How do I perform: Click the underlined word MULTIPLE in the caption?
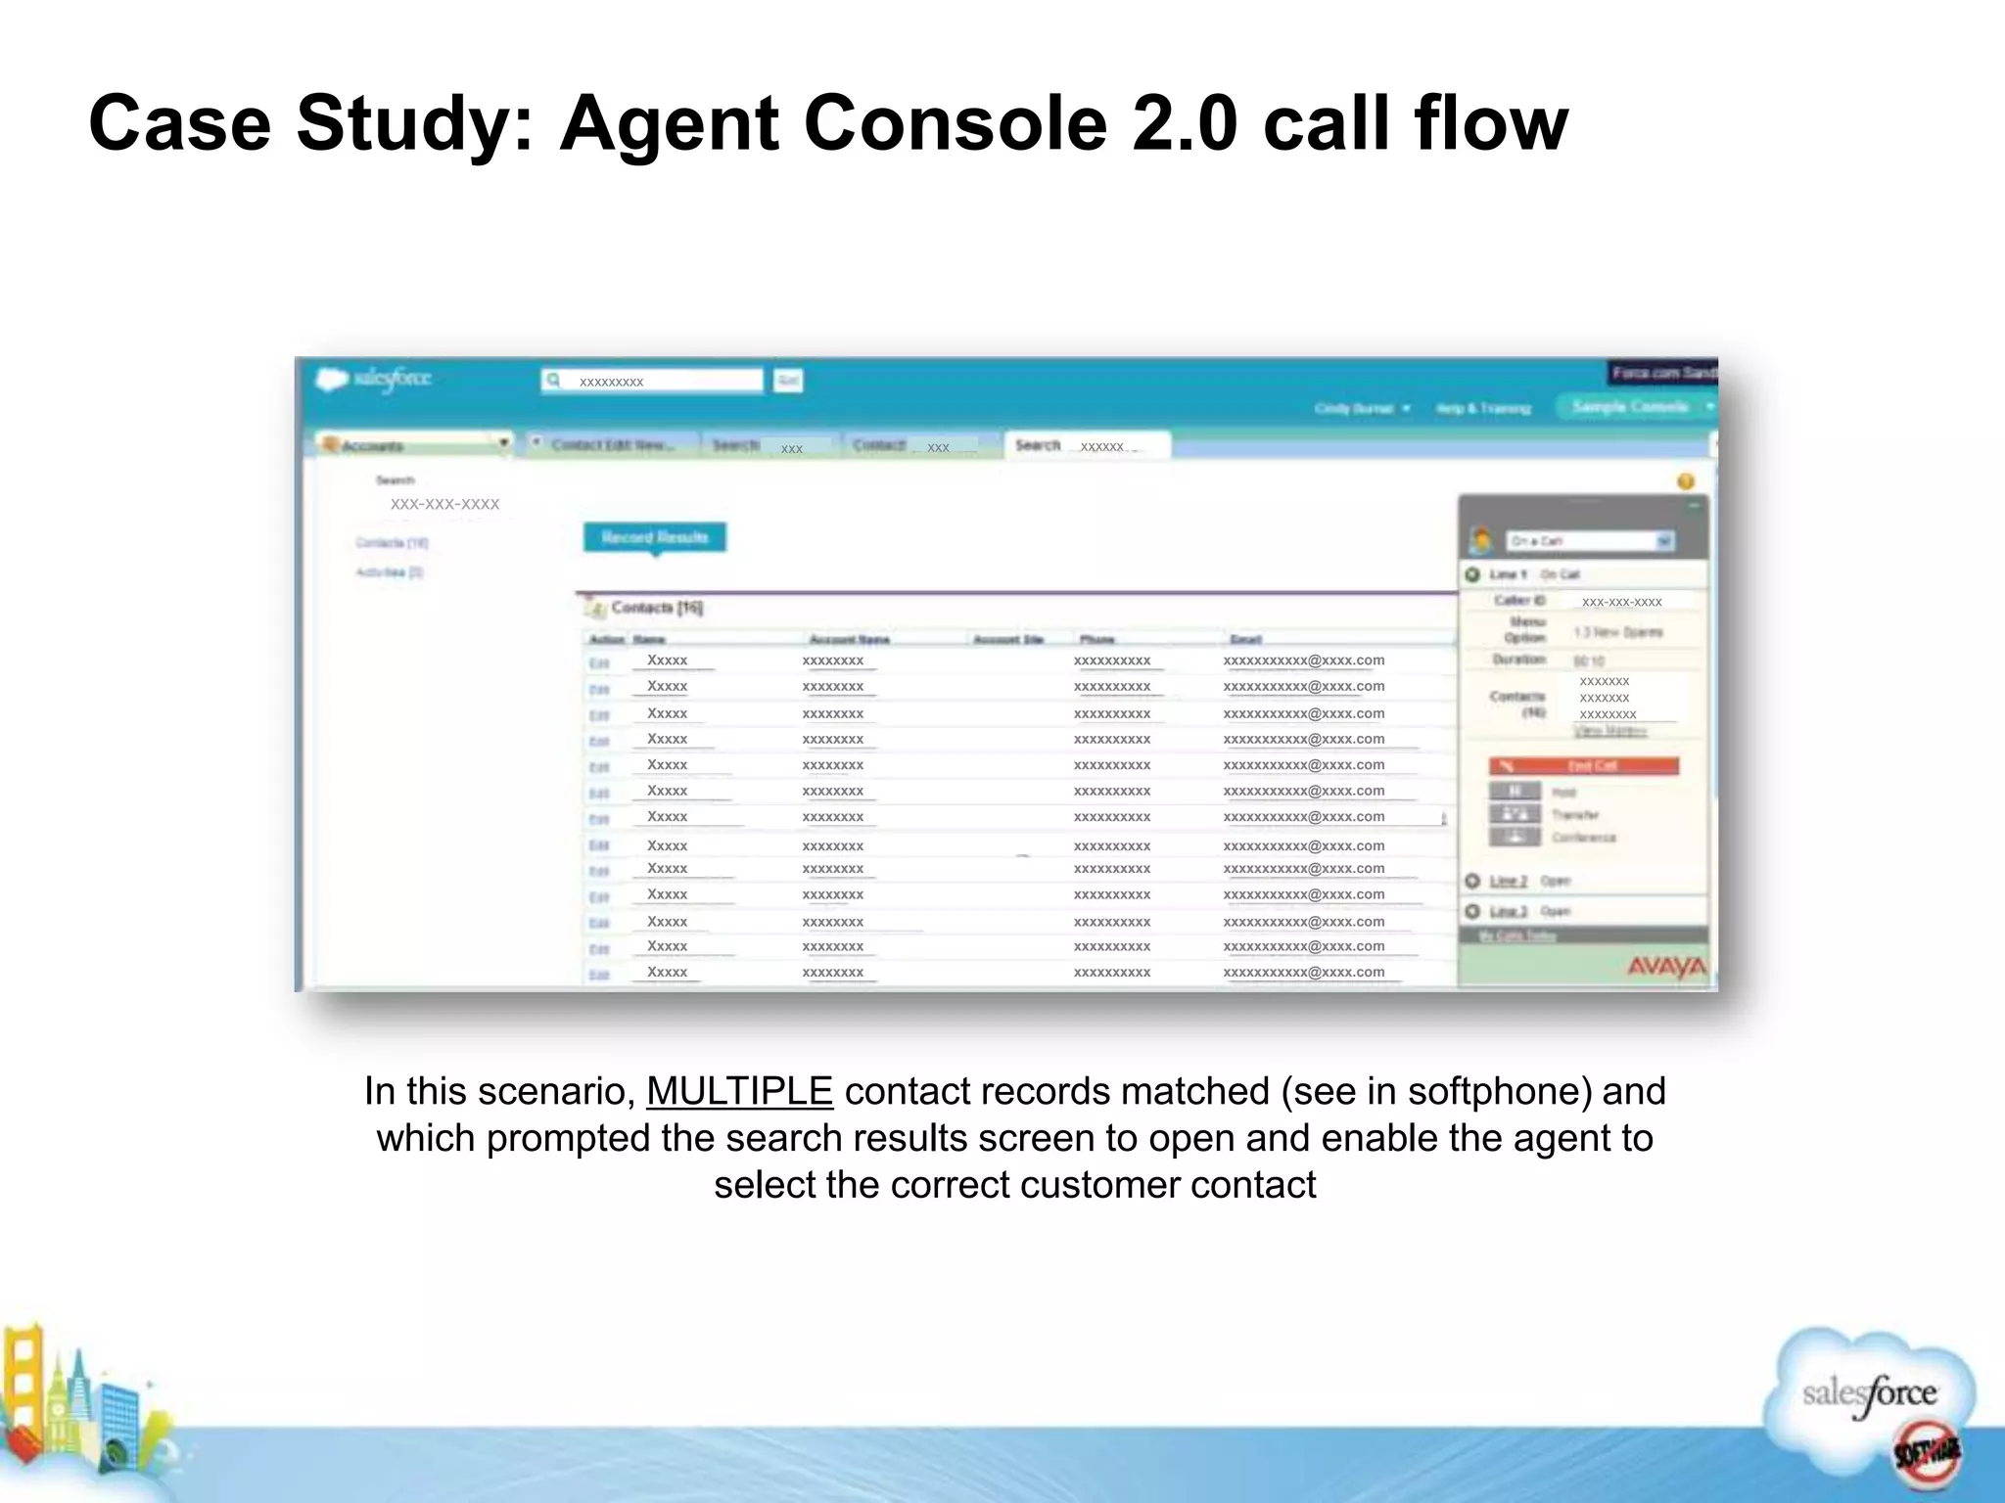coord(739,1091)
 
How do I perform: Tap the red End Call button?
coord(1583,765)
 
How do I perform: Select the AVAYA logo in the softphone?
coord(1666,967)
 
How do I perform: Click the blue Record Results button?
coord(655,537)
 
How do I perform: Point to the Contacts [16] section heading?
coord(656,608)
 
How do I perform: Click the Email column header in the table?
coord(1245,639)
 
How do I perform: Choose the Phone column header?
coord(1096,639)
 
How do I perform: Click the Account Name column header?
coord(849,639)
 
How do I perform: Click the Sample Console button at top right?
coord(1630,407)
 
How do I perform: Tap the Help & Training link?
coord(1483,408)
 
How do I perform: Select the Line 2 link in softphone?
coord(1508,881)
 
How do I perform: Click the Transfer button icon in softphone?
coord(1515,814)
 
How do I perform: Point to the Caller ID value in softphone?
coord(1621,602)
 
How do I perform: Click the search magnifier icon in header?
coord(554,380)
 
